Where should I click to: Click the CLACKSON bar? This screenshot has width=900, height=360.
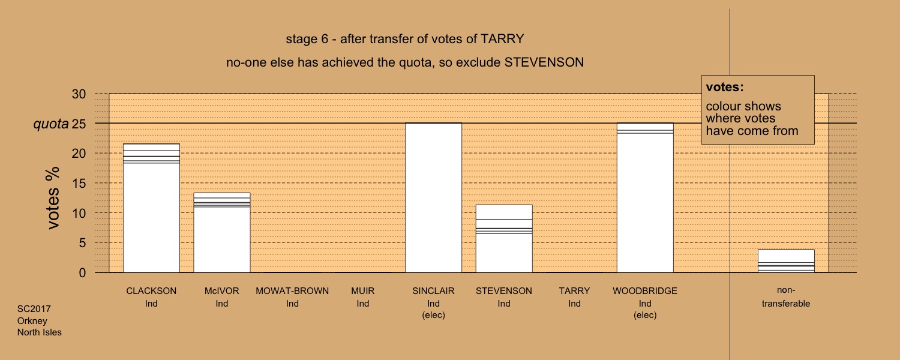[151, 208]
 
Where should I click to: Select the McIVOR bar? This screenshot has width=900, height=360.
[222, 233]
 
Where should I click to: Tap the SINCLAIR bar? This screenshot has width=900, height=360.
[434, 197]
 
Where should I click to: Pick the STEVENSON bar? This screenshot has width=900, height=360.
[504, 239]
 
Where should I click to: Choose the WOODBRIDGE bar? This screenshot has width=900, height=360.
[645, 197]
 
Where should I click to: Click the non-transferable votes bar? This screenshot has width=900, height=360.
[786, 261]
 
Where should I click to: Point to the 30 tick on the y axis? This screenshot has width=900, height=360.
[79, 94]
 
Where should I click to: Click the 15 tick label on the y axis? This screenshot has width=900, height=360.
[79, 184]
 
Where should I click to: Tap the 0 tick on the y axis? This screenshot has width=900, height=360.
[82, 273]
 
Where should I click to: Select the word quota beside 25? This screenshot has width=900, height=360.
[51, 124]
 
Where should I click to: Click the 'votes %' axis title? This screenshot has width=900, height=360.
[53, 198]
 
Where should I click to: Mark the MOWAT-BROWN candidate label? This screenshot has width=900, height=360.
[292, 291]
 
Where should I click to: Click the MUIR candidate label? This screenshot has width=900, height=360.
[363, 291]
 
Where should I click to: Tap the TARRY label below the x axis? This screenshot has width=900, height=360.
[575, 291]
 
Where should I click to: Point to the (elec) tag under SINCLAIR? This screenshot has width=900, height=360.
[434, 315]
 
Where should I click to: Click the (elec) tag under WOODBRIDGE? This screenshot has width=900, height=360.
[645, 315]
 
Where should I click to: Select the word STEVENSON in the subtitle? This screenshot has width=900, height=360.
[544, 62]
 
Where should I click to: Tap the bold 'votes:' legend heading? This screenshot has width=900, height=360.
[725, 87]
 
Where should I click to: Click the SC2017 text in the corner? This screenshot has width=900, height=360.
[34, 309]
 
